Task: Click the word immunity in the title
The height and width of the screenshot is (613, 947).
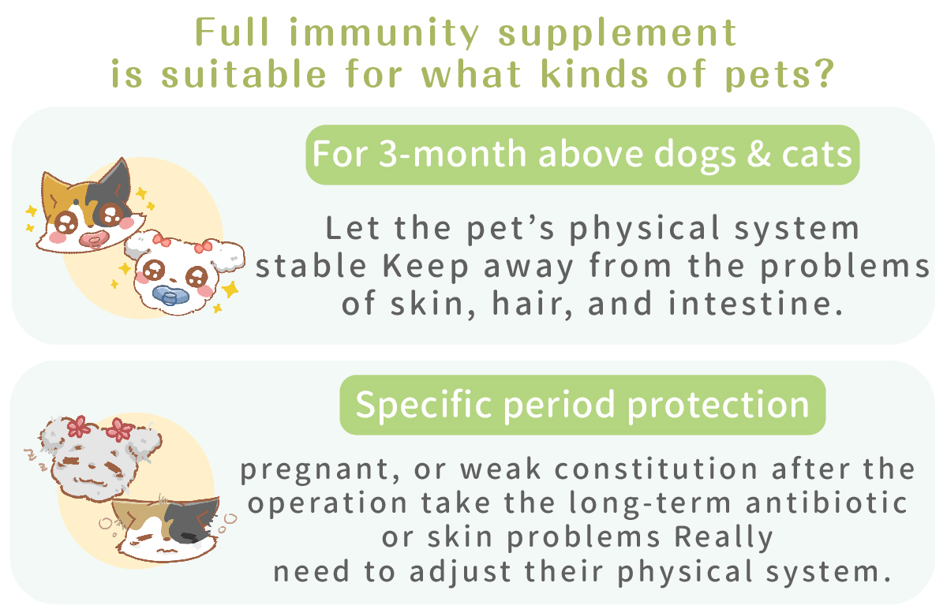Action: click(384, 34)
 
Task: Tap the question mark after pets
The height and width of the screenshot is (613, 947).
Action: click(824, 73)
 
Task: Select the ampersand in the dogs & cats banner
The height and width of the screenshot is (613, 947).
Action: click(758, 154)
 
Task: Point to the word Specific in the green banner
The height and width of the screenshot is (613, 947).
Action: click(424, 405)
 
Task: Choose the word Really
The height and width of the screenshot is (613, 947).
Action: click(723, 538)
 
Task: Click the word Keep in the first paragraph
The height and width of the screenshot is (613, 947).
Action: click(425, 267)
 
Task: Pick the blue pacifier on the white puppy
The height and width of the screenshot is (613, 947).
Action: click(170, 295)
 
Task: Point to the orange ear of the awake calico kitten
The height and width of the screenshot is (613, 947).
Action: click(55, 191)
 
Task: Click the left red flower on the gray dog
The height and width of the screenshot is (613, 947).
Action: click(79, 426)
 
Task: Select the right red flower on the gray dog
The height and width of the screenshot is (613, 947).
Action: click(120, 430)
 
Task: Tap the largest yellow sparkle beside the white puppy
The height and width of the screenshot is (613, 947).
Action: click(230, 290)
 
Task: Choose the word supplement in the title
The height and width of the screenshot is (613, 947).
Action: click(618, 34)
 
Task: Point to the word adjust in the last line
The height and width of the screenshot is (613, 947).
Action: click(460, 572)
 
